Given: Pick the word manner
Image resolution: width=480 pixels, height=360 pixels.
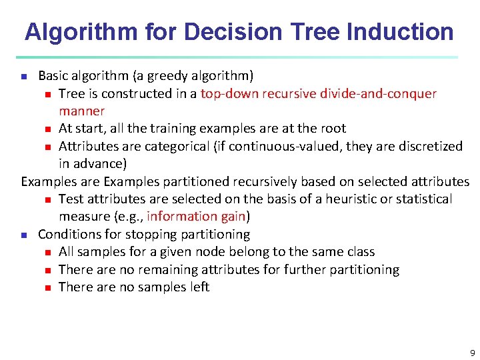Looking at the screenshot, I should (x=81, y=111).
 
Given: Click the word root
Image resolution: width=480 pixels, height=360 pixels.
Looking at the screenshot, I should (x=333, y=128).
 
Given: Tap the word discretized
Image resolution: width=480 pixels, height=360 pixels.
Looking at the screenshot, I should (x=427, y=146).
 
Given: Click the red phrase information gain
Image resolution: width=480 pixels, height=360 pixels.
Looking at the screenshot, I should (x=196, y=217).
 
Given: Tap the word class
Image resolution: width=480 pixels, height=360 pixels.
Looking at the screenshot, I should (x=359, y=252).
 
